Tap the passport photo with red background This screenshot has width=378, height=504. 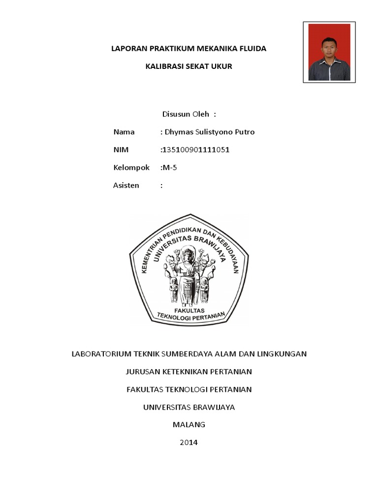329,52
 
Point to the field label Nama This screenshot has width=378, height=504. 124,132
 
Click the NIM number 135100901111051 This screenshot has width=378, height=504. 196,150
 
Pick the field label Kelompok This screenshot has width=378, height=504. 131,167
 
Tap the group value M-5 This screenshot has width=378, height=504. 169,167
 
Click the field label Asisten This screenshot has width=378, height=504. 126,185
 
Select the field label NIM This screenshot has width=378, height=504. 121,150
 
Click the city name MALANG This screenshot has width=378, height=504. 189,424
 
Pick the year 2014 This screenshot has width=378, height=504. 189,442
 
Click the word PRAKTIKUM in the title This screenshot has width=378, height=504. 162,48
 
